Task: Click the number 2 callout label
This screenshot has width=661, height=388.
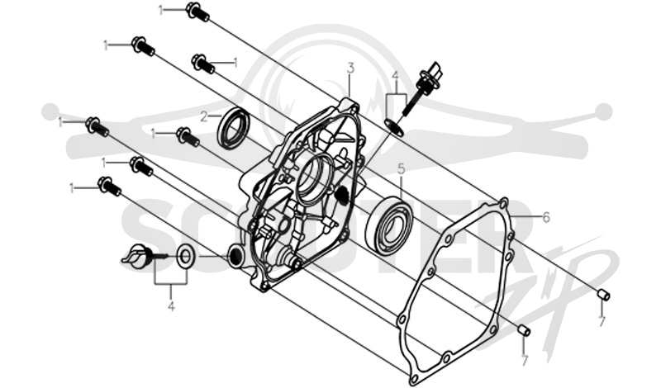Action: click(x=204, y=116)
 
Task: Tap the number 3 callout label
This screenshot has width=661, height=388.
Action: click(x=350, y=68)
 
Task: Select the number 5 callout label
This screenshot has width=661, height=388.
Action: click(x=401, y=169)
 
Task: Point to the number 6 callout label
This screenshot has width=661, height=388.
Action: click(x=546, y=217)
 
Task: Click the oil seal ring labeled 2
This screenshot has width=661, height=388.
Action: click(x=233, y=129)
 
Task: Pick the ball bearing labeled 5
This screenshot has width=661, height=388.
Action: click(x=390, y=226)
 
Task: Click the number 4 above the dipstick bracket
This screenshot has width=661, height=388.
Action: click(x=395, y=76)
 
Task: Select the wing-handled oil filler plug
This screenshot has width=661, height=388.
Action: click(x=137, y=255)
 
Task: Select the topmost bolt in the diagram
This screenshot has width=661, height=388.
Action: click(x=197, y=12)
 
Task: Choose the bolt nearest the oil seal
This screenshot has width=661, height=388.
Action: click(x=188, y=136)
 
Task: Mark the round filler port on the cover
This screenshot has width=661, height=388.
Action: click(x=235, y=255)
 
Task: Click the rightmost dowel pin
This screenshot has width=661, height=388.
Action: click(x=604, y=295)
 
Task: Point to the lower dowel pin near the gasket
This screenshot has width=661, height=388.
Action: click(x=525, y=330)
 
